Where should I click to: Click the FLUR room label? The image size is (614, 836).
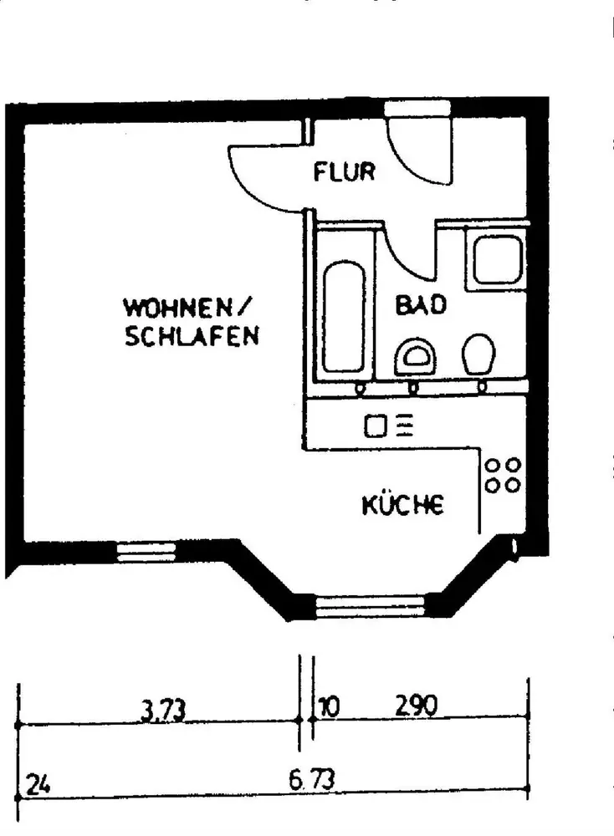[x=345, y=173]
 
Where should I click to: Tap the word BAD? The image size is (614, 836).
[x=420, y=305]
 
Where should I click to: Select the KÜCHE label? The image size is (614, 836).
[x=402, y=505]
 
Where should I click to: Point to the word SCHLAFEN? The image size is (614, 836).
[x=191, y=337]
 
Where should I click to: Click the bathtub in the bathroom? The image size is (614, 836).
[x=343, y=318]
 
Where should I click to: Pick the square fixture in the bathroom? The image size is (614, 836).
[x=499, y=260]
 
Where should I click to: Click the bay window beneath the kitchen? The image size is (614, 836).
[x=370, y=605]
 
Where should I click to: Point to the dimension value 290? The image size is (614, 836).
[x=416, y=707]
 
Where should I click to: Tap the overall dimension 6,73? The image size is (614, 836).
[x=311, y=781]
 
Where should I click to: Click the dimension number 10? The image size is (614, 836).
[x=329, y=707]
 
